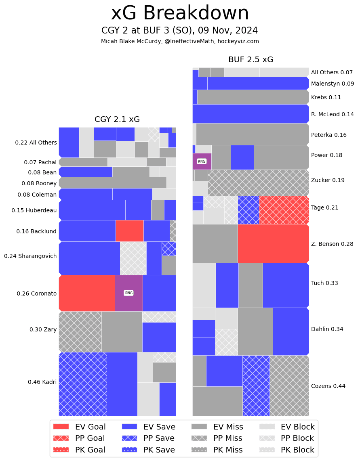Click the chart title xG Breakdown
pos(180,13)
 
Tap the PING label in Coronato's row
pos(129,293)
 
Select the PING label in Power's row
pos(201,161)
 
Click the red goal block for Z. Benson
pos(273,243)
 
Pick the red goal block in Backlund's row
pos(129,230)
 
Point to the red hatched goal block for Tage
pos(284,210)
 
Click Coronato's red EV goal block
pos(87,293)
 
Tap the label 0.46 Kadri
pos(42,382)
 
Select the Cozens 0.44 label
pos(328,386)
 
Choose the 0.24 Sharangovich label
pos(30,256)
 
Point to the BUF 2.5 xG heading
pos(251,60)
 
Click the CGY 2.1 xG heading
pos(117,119)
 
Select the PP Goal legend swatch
pos(61,438)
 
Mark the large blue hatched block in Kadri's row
pos(83,384)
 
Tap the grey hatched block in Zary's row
pos(80,331)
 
